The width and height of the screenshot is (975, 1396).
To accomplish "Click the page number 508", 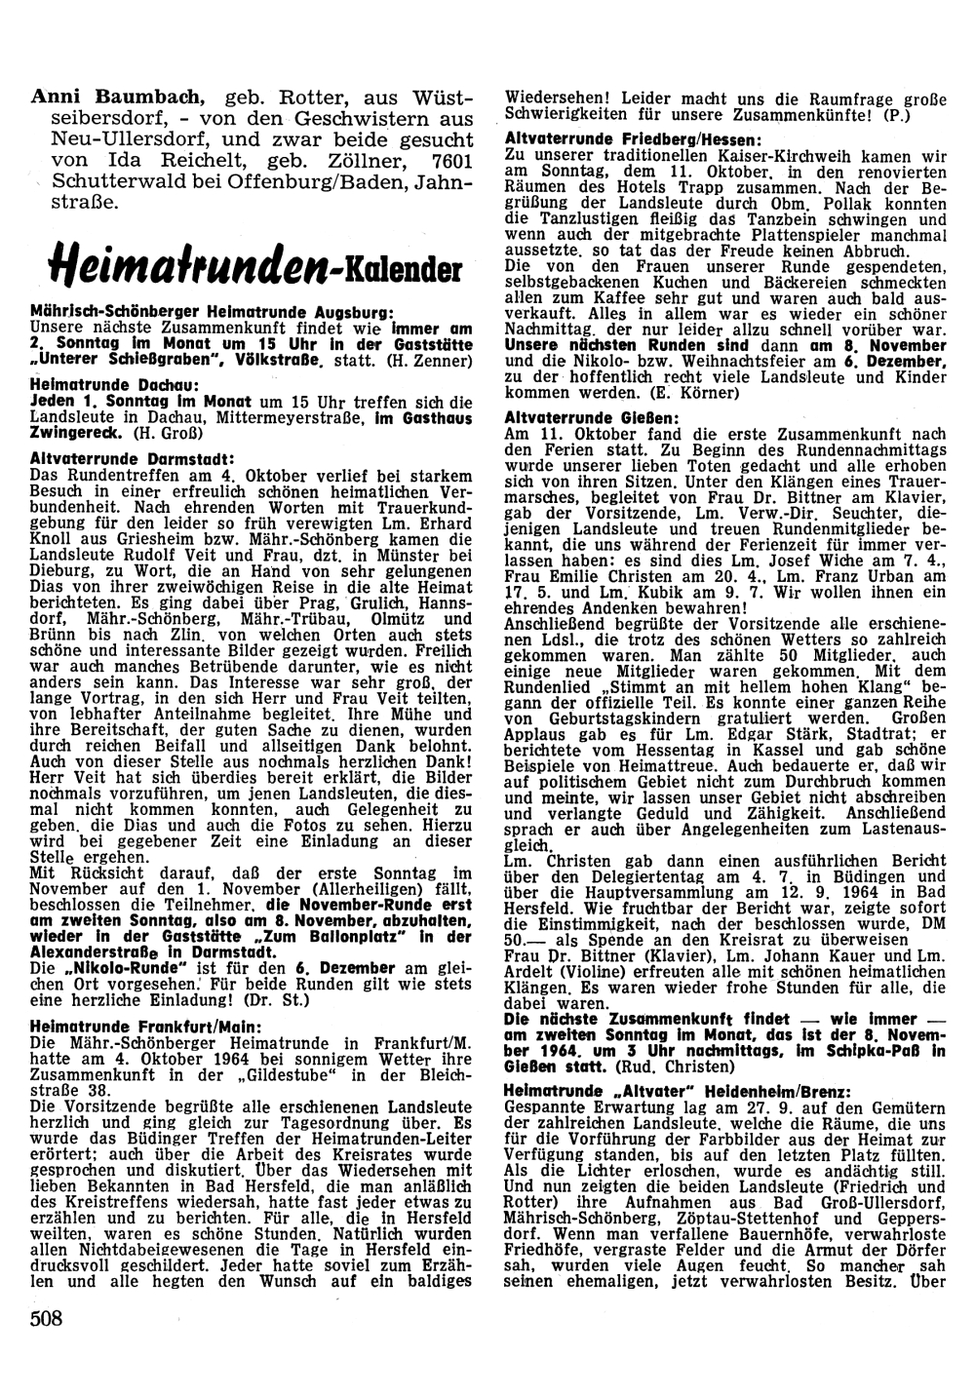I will (47, 1319).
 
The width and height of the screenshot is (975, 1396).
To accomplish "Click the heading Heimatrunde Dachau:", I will (100, 386).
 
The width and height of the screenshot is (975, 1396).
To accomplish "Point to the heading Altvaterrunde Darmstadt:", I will (122, 456).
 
